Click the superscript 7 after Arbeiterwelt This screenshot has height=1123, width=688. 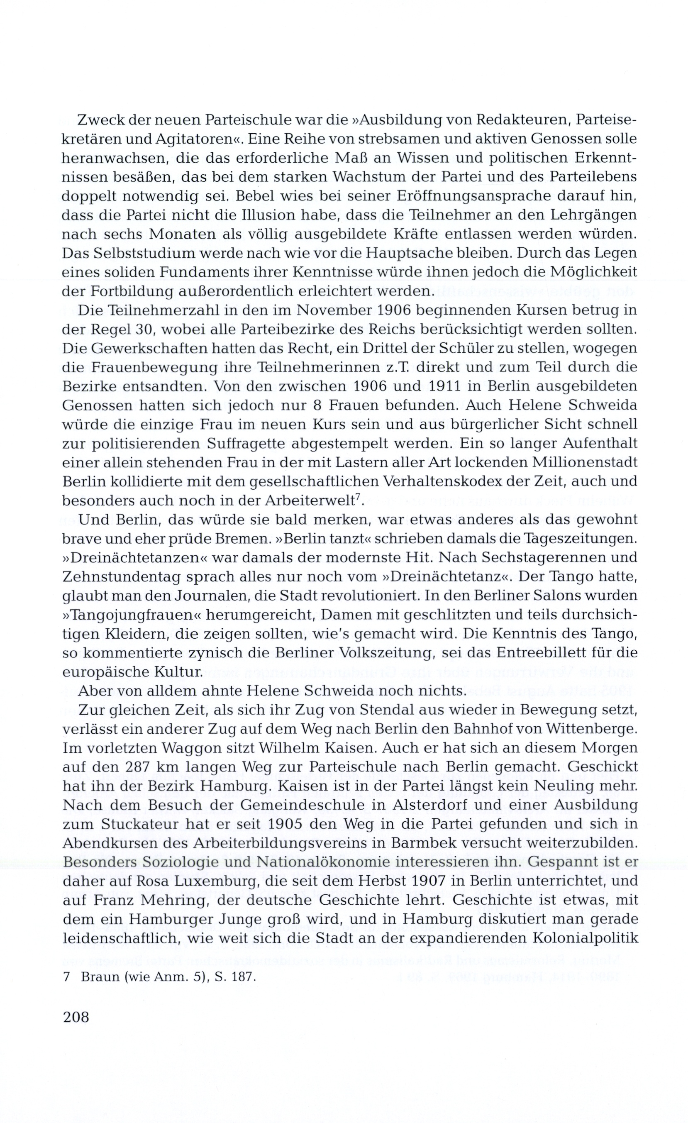[x=358, y=498]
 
